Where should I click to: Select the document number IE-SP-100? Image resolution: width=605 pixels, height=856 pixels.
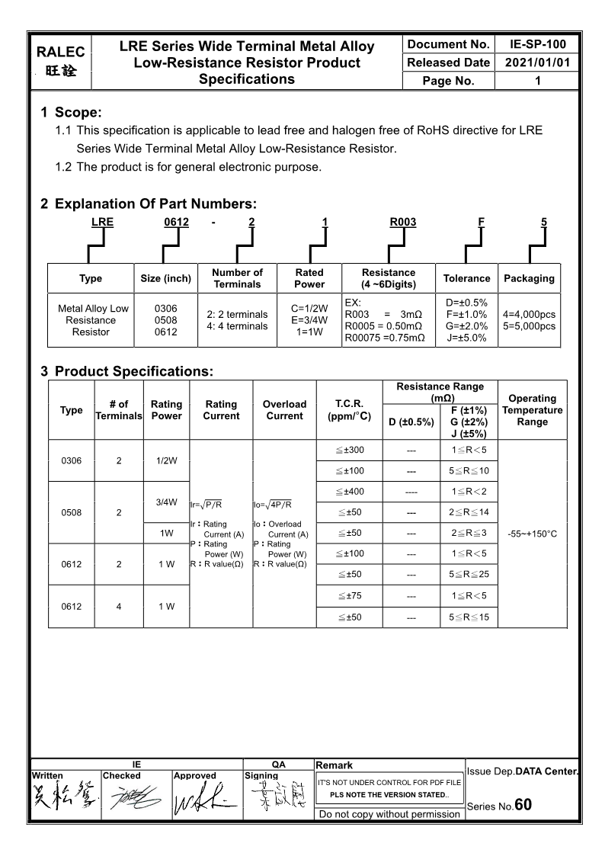tap(537, 44)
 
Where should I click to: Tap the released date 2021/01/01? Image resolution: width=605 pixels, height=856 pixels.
tap(537, 63)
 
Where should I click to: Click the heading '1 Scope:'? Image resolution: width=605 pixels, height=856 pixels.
tap(71, 113)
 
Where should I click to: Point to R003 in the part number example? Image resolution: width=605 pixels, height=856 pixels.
tap(403, 223)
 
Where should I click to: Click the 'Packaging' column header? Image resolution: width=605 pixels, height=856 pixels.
tap(529, 278)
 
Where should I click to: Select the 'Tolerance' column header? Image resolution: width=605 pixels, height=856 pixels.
tap(466, 278)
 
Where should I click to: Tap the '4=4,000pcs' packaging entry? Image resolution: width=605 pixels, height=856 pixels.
tap(529, 314)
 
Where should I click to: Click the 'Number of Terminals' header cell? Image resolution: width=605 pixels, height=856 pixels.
tap(237, 278)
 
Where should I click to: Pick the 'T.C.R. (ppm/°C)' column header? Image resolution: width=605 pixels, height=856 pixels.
tap(349, 410)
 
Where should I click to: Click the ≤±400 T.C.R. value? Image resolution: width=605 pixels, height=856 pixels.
tap(349, 491)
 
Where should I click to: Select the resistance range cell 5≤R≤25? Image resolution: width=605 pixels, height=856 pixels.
tap(469, 574)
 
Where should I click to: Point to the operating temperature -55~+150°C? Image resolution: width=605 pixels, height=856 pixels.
tap(532, 534)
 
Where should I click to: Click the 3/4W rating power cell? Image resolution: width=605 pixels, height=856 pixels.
tap(166, 502)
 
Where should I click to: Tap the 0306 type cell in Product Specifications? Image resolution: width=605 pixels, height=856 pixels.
tap(72, 460)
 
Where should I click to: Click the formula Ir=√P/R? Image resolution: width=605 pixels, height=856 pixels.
tap(206, 504)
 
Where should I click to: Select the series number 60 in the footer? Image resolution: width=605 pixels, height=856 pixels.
tap(523, 805)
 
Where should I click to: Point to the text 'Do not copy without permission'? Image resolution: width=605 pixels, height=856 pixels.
tap(389, 814)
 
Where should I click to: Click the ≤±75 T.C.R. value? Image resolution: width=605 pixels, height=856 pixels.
tap(349, 595)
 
